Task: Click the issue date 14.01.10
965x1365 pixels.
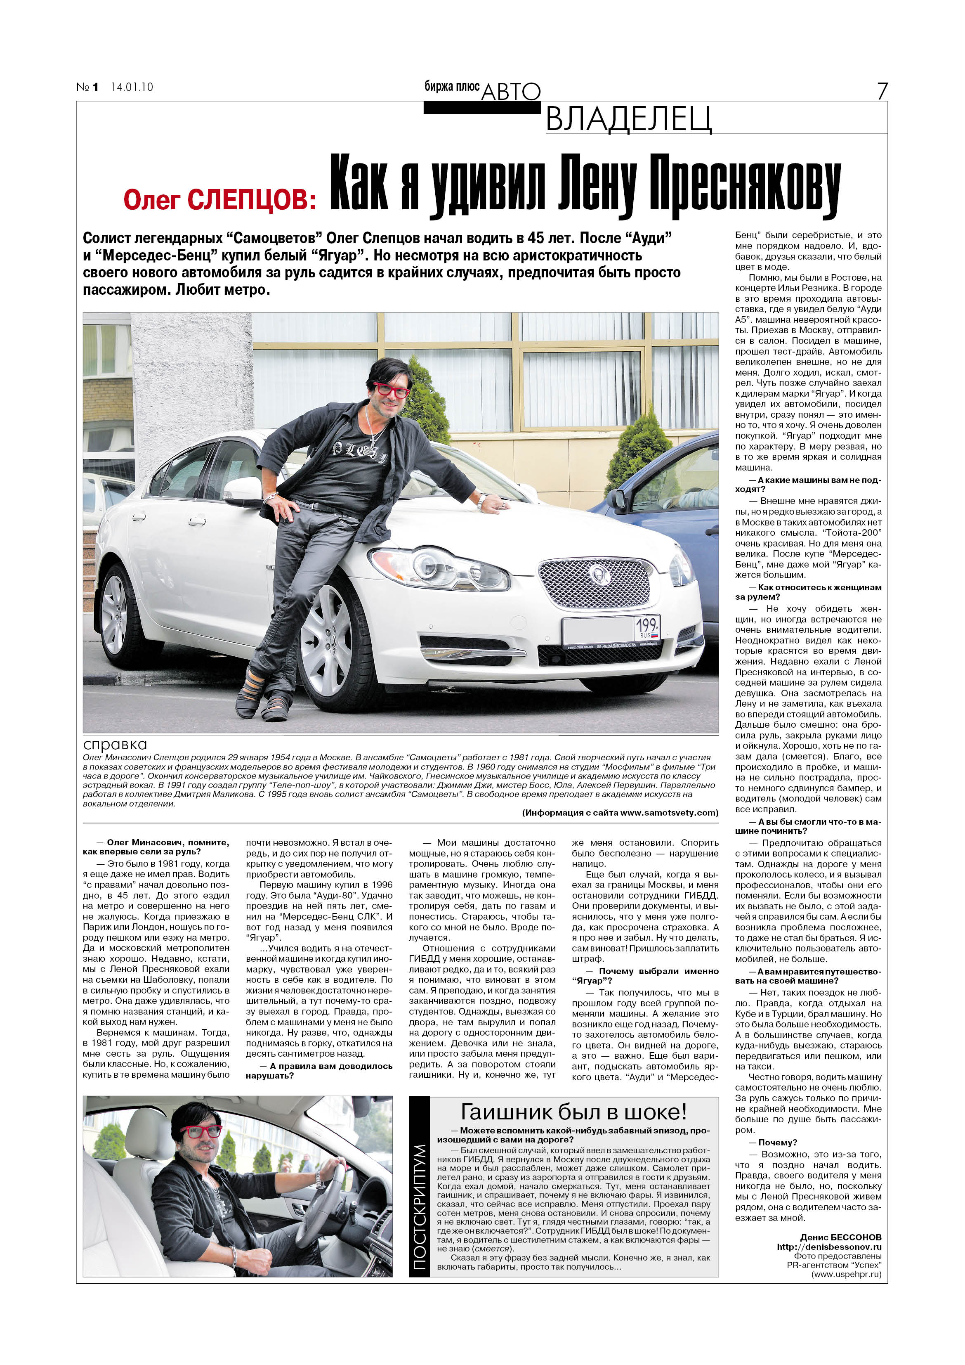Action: [132, 87]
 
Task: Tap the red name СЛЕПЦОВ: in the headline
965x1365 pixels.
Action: [252, 200]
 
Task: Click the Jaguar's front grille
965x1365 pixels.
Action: [594, 583]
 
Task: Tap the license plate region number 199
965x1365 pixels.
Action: [646, 625]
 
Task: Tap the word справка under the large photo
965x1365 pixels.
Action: [115, 744]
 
